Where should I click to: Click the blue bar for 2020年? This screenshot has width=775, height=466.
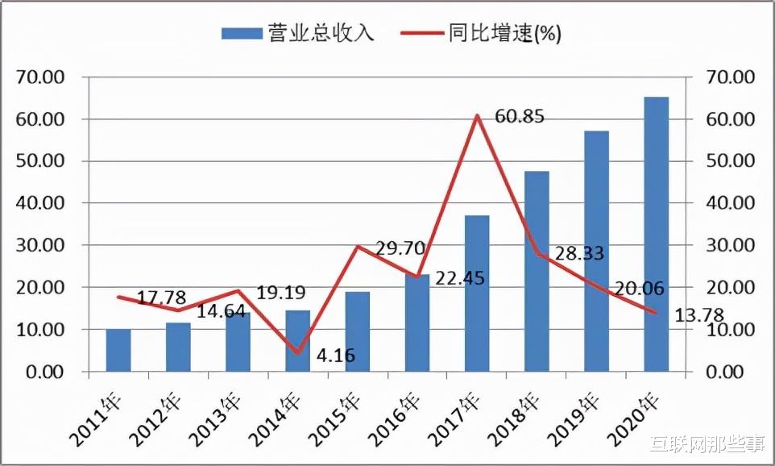pyautogui.click(x=656, y=234)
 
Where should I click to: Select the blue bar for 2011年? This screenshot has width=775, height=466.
pyautogui.click(x=118, y=350)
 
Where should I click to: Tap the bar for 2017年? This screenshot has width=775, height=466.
pyautogui.click(x=477, y=293)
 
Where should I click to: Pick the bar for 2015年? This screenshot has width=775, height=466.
pyautogui.click(x=358, y=331)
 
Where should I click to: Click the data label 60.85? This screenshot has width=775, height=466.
pyautogui.click(x=520, y=117)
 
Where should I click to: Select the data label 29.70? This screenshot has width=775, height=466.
pyautogui.click(x=400, y=248)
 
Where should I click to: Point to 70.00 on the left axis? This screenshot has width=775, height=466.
pyautogui.click(x=40, y=77)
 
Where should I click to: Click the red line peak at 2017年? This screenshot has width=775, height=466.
pyautogui.click(x=477, y=116)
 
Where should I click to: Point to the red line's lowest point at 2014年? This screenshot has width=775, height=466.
pyautogui.click(x=297, y=352)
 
